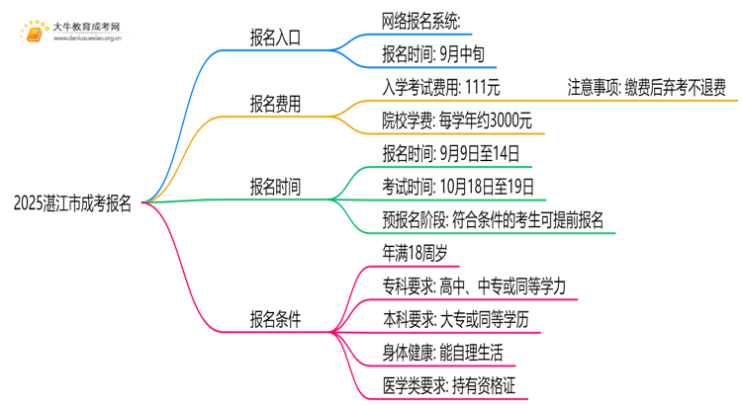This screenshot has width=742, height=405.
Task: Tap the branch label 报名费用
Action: (276, 102)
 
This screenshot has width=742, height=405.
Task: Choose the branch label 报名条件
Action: (276, 320)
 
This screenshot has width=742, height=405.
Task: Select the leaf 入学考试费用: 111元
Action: (441, 86)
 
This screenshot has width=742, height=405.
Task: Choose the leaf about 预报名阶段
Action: (492, 219)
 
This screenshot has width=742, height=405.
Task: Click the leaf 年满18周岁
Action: (415, 253)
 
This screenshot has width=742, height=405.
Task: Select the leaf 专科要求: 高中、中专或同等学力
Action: (473, 286)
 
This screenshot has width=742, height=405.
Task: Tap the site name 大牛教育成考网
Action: (86, 26)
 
